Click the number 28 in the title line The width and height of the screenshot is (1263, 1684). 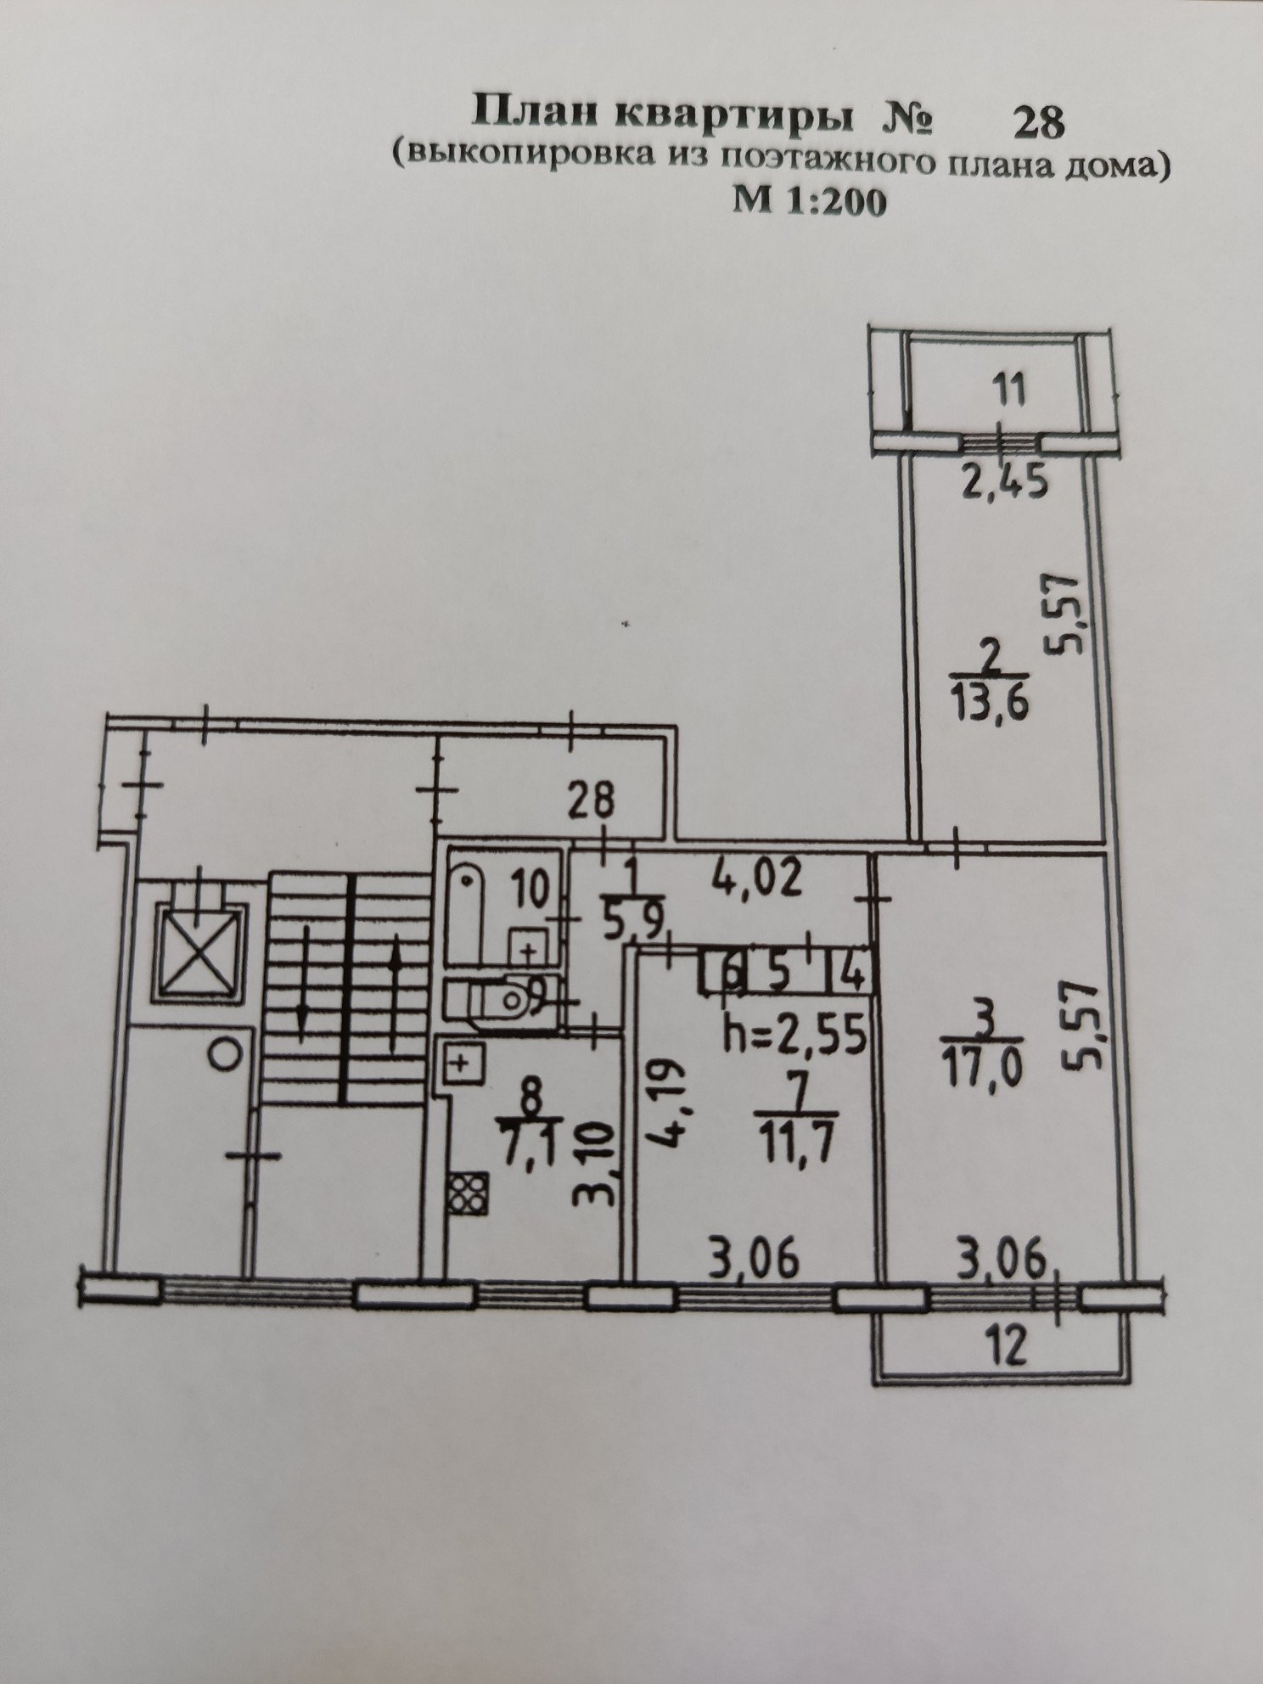coord(1038,123)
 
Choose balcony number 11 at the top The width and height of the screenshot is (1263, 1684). coord(1008,393)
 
